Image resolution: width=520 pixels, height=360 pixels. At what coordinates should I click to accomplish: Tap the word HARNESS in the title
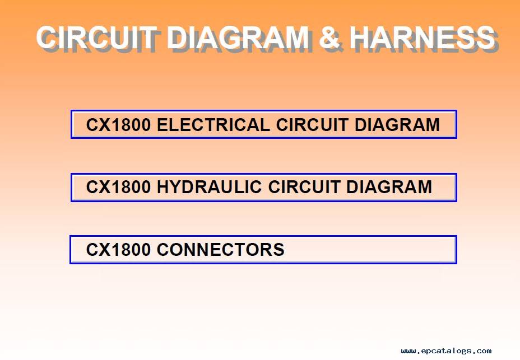point(422,37)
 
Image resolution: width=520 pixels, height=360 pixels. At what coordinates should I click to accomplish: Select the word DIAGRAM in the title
point(238,37)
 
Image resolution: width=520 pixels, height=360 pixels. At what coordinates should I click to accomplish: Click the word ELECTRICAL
point(213,125)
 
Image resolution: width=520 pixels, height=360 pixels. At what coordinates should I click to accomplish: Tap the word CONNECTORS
point(221,249)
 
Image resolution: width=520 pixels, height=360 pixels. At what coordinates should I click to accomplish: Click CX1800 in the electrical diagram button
point(118,125)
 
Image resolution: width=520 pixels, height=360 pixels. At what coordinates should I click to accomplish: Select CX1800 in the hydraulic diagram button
point(118,187)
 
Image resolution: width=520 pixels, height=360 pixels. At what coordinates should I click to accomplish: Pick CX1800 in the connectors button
point(118,249)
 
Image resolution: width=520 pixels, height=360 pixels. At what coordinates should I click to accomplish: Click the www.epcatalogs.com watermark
point(446,350)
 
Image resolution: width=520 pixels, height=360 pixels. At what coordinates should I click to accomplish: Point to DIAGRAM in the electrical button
point(397,125)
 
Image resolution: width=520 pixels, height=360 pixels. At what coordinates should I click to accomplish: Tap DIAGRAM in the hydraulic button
point(389,187)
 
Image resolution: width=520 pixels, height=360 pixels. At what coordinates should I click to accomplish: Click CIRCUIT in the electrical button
point(312,125)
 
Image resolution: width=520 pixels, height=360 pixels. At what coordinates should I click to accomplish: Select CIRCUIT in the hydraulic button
point(304,187)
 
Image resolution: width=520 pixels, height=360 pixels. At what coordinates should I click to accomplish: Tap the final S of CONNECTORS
point(279,249)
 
